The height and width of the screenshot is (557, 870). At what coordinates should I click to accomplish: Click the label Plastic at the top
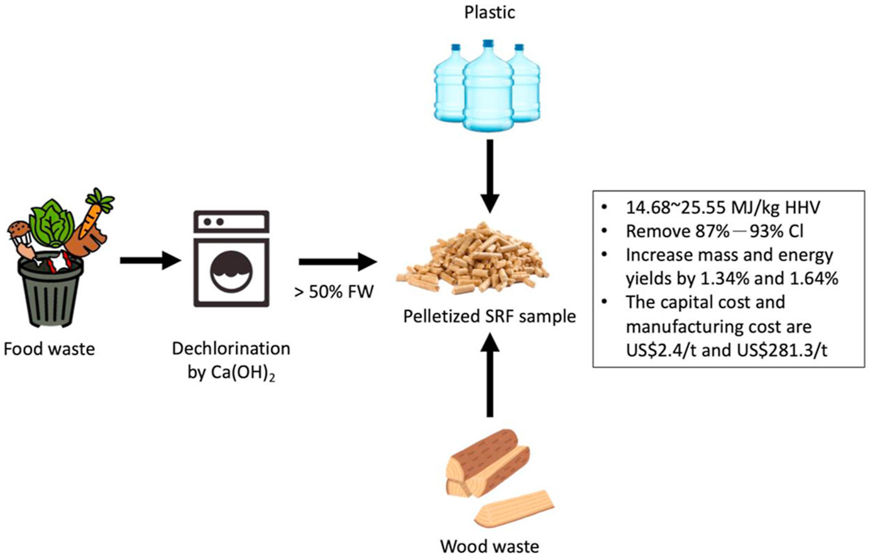click(x=490, y=13)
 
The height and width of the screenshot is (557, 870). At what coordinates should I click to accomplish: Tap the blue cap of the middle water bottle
click(x=488, y=44)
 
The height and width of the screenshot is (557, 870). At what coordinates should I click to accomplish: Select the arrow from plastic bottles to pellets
click(x=490, y=177)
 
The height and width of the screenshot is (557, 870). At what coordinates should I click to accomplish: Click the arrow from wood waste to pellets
click(x=490, y=375)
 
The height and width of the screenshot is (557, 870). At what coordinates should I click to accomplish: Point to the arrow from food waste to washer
click(x=151, y=260)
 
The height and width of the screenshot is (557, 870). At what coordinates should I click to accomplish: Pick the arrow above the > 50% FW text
click(x=338, y=262)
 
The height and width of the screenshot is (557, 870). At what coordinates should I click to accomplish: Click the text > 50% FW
click(x=334, y=292)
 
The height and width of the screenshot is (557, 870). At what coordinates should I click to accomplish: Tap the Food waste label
click(x=49, y=349)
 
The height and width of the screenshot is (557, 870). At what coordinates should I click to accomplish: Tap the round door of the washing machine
click(x=231, y=271)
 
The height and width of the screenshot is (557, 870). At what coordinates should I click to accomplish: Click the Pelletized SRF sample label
click(x=489, y=317)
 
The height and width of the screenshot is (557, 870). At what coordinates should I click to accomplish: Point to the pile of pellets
click(x=473, y=258)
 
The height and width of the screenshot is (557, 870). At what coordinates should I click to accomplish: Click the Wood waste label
click(x=490, y=546)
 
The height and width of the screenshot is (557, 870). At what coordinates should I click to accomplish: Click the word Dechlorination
click(x=231, y=349)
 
